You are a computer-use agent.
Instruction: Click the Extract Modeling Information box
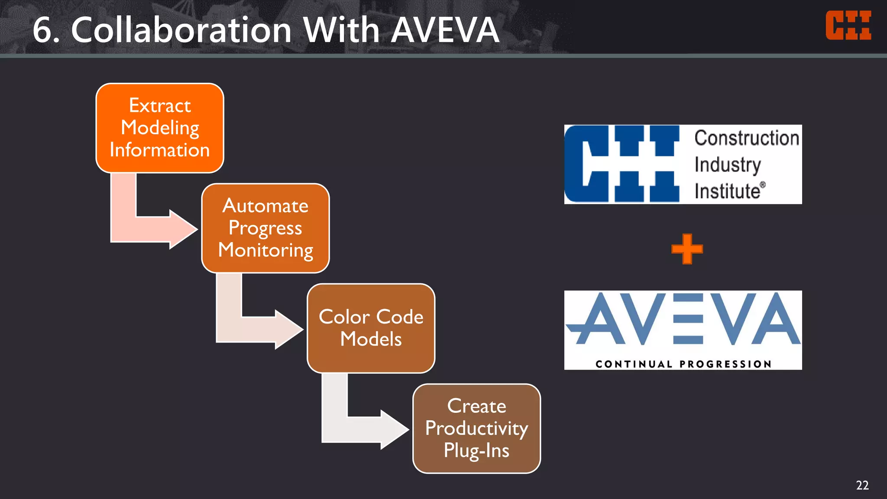coord(160,128)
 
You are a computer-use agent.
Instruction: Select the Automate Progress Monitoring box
coord(265,228)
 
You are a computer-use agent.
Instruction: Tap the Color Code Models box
coord(371,328)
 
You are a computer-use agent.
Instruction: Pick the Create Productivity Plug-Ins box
coord(476,428)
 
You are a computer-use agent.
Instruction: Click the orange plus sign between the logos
coord(687,249)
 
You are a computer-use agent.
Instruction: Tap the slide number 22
coord(862,485)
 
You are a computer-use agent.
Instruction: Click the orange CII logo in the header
coord(848,26)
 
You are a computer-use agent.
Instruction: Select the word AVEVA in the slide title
coord(445,30)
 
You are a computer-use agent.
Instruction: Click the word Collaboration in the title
coord(181,30)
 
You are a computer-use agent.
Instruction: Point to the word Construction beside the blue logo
coord(747,138)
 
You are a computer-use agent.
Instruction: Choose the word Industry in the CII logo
coord(728,165)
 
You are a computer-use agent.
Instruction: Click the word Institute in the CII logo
coord(728,191)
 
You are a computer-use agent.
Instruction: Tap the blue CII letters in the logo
coord(622,164)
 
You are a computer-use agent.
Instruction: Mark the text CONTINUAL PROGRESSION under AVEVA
coord(683,364)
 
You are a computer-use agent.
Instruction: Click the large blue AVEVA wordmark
coord(683,319)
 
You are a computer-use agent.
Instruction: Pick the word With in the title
coord(341,30)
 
